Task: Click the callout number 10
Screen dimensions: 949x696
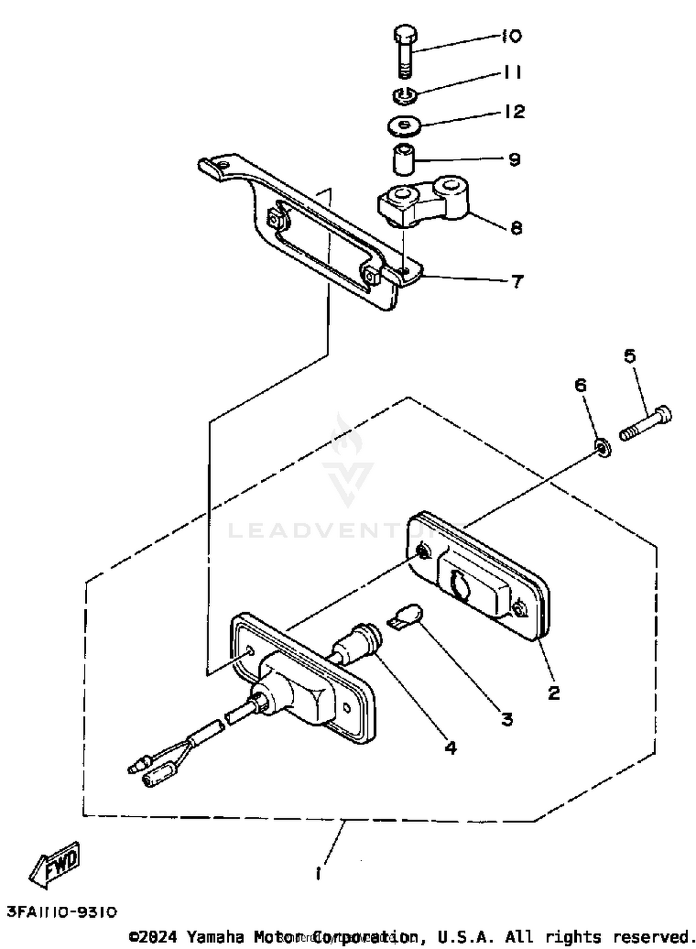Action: [x=511, y=36]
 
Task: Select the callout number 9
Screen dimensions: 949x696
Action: [x=515, y=160]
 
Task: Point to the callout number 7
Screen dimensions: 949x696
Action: [x=517, y=281]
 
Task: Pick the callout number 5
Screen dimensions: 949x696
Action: [x=630, y=356]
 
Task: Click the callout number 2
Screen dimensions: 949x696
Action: [x=554, y=693]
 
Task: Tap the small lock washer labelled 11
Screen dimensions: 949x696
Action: [x=405, y=97]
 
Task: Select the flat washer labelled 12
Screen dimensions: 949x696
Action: [x=404, y=126]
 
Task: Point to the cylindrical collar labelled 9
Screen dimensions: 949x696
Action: [x=403, y=160]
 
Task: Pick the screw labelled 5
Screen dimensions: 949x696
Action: [x=645, y=423]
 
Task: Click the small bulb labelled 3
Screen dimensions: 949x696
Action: [x=406, y=617]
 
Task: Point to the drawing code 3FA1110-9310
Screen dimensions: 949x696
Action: [x=62, y=912]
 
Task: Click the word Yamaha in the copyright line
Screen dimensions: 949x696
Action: [x=215, y=937]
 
